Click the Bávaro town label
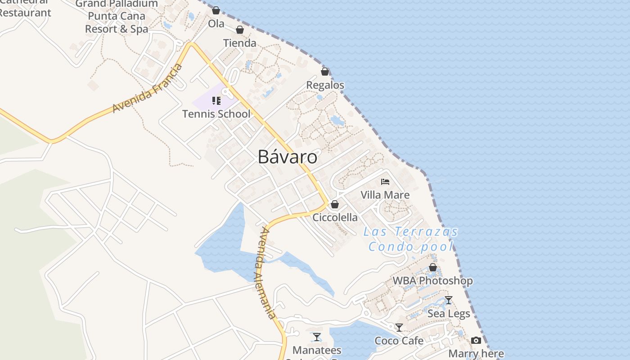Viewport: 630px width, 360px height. pyautogui.click(x=288, y=157)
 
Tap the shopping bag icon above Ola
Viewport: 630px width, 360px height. pyautogui.click(x=216, y=10)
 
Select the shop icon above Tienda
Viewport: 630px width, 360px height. pyautogui.click(x=240, y=30)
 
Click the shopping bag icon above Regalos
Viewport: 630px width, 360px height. pyautogui.click(x=325, y=71)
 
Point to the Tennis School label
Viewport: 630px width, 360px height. pyautogui.click(x=216, y=114)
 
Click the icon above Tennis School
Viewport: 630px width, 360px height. pyautogui.click(x=216, y=100)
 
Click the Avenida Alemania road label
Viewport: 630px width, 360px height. pyautogui.click(x=268, y=273)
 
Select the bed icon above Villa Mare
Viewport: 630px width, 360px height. pyautogui.click(x=385, y=182)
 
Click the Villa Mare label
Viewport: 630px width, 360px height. pyautogui.click(x=385, y=195)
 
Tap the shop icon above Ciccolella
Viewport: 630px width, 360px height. pyautogui.click(x=335, y=204)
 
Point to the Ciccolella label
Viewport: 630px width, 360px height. pyautogui.click(x=335, y=217)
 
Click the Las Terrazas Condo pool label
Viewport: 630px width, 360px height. pyautogui.click(x=411, y=239)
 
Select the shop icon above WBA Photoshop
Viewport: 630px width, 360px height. pyautogui.click(x=433, y=268)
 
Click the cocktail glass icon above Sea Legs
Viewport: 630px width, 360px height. pyautogui.click(x=449, y=300)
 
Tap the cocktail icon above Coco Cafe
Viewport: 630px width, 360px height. pyautogui.click(x=399, y=327)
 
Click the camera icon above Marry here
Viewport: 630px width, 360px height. pyautogui.click(x=476, y=341)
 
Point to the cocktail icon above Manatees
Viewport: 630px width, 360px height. pyautogui.click(x=317, y=337)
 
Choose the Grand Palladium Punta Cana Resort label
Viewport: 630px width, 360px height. pyautogui.click(x=117, y=16)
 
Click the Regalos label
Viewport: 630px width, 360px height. pyautogui.click(x=325, y=85)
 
